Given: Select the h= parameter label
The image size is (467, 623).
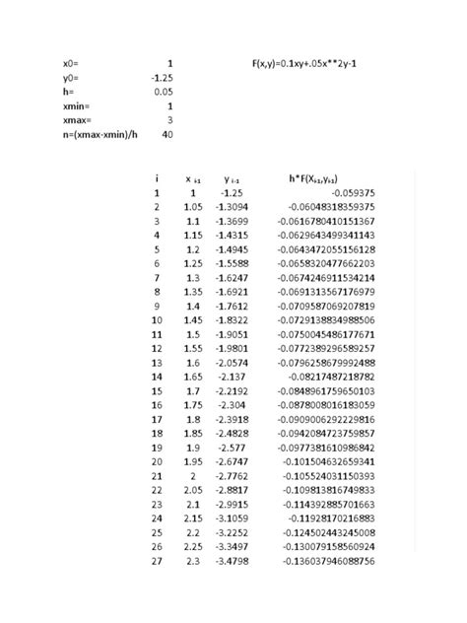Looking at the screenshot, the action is [x=69, y=91].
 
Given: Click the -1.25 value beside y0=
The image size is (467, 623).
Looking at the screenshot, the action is [x=163, y=77].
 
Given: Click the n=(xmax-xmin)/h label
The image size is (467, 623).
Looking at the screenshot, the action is [x=99, y=134].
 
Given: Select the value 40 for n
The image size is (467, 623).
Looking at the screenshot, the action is [x=167, y=134].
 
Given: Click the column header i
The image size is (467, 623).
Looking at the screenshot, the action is [x=157, y=178].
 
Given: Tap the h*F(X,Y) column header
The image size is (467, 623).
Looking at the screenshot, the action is [x=322, y=178].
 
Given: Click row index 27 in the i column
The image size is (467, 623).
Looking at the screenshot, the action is [x=155, y=561].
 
